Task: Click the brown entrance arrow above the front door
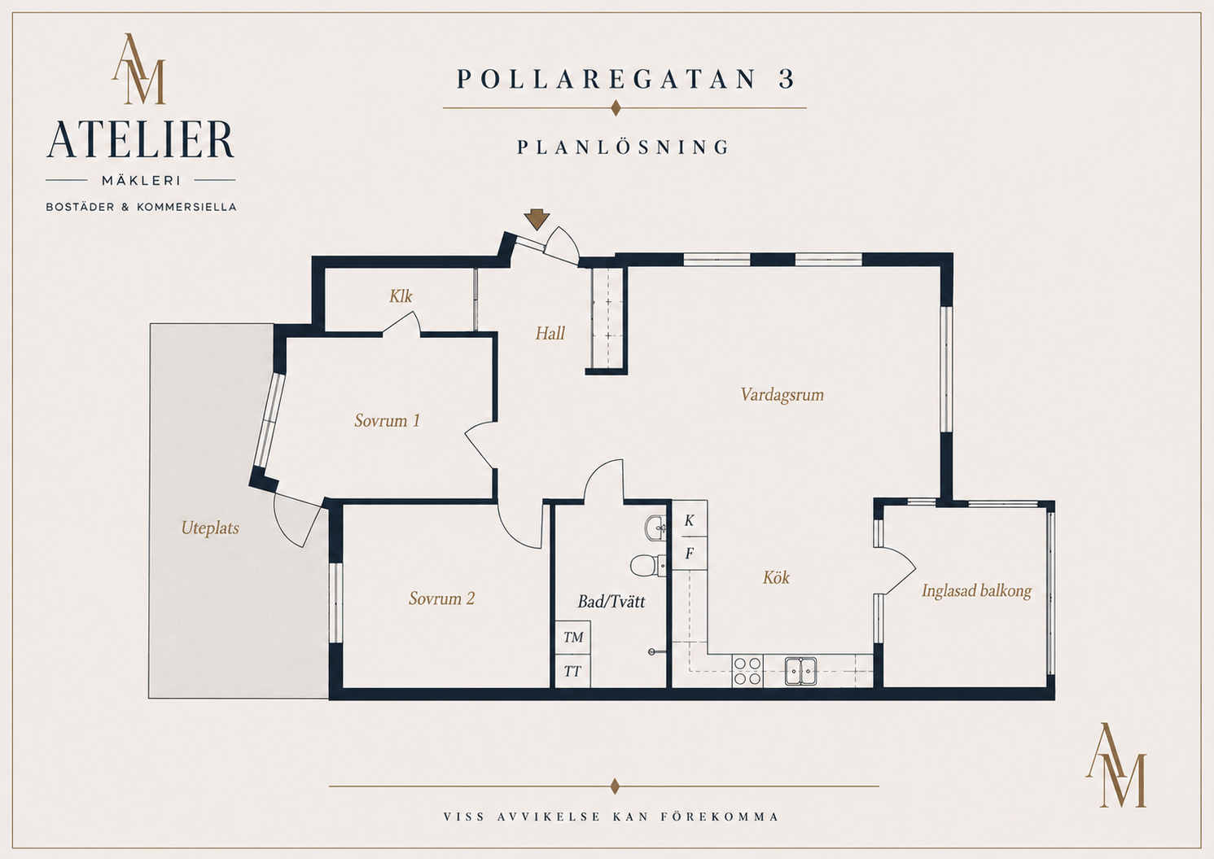pyautogui.click(x=537, y=219)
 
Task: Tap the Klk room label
pyautogui.click(x=401, y=296)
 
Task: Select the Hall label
pyautogui.click(x=550, y=333)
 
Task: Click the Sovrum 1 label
pyautogui.click(x=387, y=421)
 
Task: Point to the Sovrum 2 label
pyautogui.click(x=441, y=598)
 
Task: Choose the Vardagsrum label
pyautogui.click(x=782, y=395)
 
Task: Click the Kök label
pyautogui.click(x=776, y=577)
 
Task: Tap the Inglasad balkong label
pyautogui.click(x=976, y=591)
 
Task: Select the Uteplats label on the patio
pyautogui.click(x=210, y=528)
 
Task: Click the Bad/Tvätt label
pyautogui.click(x=611, y=602)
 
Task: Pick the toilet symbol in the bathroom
pyautogui.click(x=647, y=565)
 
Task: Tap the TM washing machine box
pyautogui.click(x=573, y=638)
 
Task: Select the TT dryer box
pyautogui.click(x=573, y=672)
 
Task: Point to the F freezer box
pyautogui.click(x=690, y=554)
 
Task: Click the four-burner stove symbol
pyautogui.click(x=747, y=671)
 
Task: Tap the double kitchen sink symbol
pyautogui.click(x=801, y=671)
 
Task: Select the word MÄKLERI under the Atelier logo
pyautogui.click(x=141, y=181)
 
